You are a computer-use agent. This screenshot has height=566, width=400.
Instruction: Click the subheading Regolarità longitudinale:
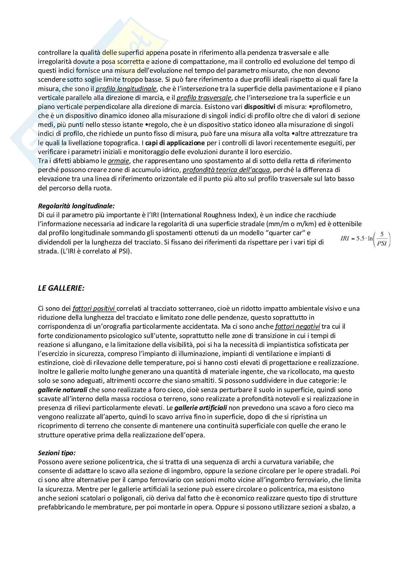(x=76, y=206)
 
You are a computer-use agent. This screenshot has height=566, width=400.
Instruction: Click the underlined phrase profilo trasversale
(x=204, y=97)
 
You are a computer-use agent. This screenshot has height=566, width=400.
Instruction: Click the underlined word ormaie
(x=118, y=161)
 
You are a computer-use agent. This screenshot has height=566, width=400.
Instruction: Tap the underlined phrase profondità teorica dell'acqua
(x=222, y=170)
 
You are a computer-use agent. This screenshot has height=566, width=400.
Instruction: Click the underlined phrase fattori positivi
(x=94, y=308)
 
